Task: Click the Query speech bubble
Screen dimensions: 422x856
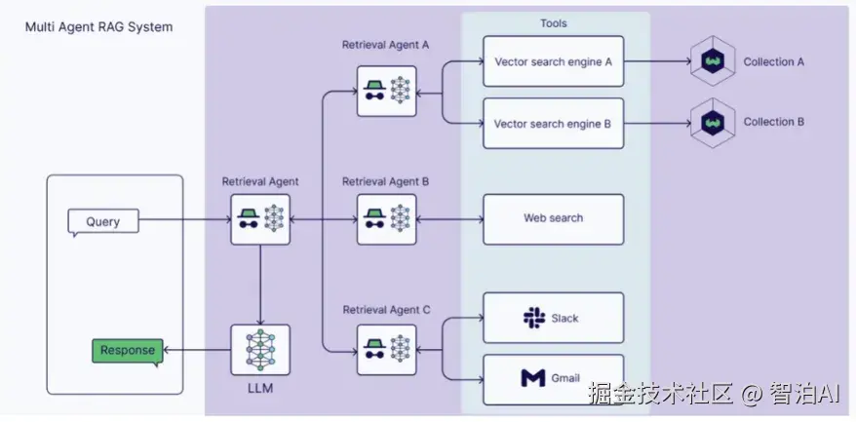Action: coord(102,221)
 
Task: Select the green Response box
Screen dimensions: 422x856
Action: coord(128,351)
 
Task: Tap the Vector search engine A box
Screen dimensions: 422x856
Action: coord(553,62)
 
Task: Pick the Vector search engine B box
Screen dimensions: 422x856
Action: coord(553,124)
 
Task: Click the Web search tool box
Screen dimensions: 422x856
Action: coord(553,218)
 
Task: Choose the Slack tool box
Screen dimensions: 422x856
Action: coord(553,318)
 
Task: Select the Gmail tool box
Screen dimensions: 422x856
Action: coord(553,378)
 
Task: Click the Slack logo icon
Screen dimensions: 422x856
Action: coord(532,318)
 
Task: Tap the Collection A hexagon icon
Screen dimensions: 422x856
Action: coord(712,62)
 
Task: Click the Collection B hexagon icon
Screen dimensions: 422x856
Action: coord(712,123)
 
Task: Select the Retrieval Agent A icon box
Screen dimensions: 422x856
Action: coord(386,92)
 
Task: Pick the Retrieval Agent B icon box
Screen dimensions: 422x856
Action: coord(386,218)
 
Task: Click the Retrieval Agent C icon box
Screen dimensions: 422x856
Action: coord(386,348)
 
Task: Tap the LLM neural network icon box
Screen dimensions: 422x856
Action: coord(260,349)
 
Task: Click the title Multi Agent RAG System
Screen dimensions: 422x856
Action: coord(98,27)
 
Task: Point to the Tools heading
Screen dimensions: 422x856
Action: coord(553,22)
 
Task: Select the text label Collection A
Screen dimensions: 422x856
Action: coord(774,62)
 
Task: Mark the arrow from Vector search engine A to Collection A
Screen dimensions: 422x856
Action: coord(655,62)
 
